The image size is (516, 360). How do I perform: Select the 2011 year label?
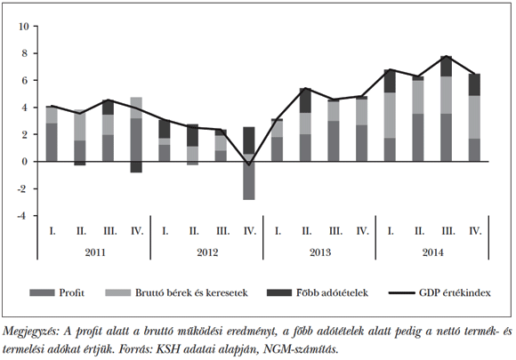tap(93, 251)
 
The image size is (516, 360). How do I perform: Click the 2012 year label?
tap(206, 251)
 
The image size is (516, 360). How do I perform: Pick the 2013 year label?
tap(319, 251)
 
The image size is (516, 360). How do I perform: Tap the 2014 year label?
tap(432, 251)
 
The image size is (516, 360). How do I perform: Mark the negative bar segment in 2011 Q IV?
tap(136, 166)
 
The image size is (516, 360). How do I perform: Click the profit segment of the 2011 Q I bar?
tap(52, 142)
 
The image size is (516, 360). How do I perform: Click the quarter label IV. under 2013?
tap(363, 231)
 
